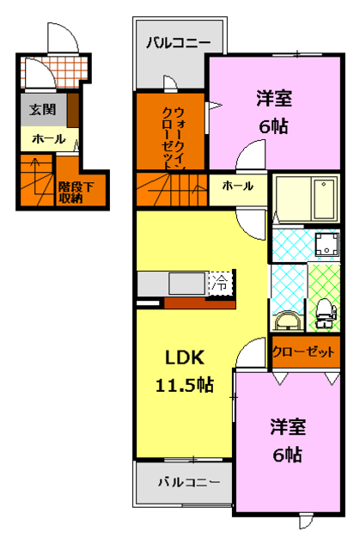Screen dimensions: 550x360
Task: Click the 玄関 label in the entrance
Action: (41, 109)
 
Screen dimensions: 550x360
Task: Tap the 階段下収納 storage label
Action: (70, 192)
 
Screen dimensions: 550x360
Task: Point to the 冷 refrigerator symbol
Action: (221, 283)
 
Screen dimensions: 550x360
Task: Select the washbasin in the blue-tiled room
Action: (287, 320)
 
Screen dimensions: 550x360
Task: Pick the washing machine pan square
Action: (326, 245)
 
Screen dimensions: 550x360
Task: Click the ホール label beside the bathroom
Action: (237, 185)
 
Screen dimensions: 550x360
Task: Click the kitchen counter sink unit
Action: (182, 283)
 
